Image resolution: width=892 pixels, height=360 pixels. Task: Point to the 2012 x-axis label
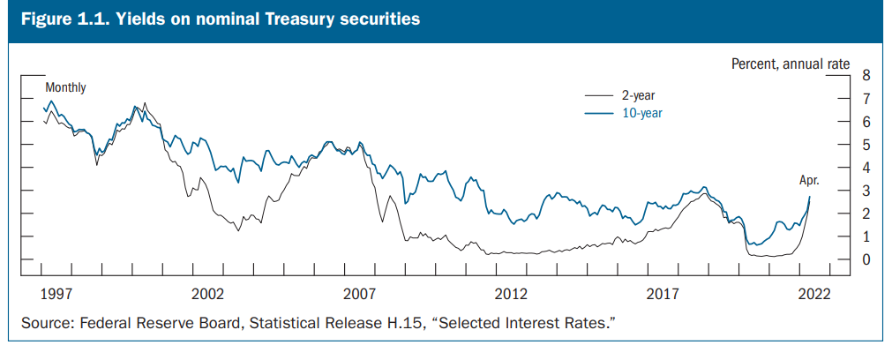[512, 293]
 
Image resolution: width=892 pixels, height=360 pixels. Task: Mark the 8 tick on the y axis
[866, 75]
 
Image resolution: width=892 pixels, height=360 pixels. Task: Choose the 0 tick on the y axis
[866, 260]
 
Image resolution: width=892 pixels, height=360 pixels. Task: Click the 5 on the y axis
[866, 145]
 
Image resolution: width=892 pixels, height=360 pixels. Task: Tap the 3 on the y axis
[866, 191]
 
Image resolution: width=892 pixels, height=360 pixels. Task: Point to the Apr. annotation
[809, 180]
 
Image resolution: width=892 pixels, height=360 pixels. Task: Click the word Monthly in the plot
[65, 87]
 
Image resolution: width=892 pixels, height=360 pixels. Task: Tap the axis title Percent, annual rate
[791, 64]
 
